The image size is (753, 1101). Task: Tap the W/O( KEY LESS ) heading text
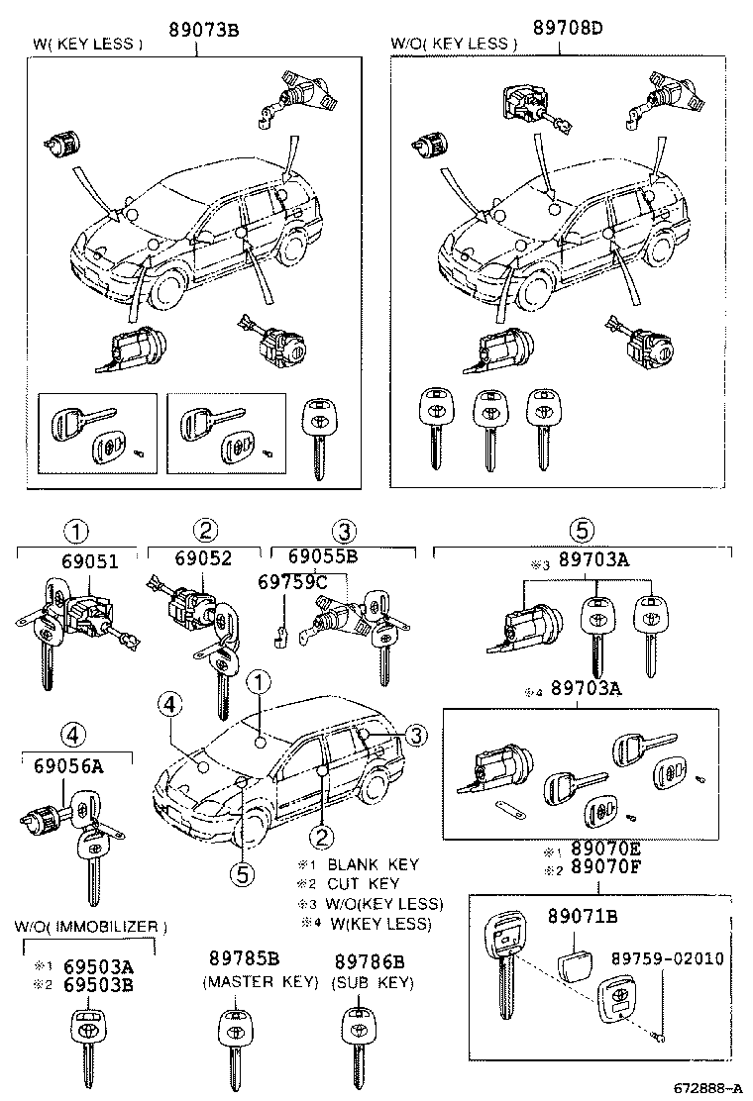coord(454,44)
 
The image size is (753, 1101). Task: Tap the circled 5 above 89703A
coord(583,531)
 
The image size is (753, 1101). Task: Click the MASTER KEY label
coord(261,982)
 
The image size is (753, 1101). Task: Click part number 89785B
coord(244,959)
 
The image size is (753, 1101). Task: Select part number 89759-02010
coord(666,959)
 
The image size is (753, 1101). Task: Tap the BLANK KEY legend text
coord(373,864)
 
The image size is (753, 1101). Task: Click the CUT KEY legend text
coord(363,884)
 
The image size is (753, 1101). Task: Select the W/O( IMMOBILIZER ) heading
coord(91,927)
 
